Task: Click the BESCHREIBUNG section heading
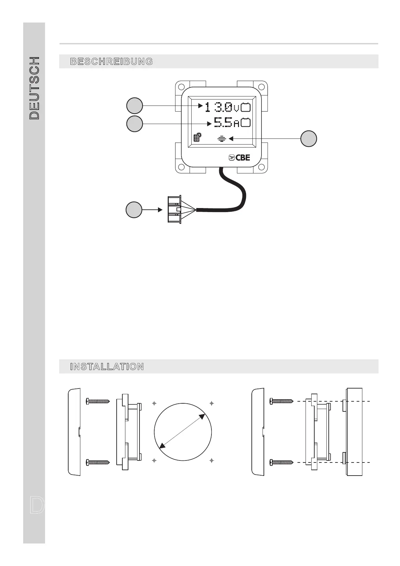111,62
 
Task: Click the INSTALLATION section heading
107,366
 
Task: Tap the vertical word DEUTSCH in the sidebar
35,88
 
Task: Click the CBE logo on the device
239,158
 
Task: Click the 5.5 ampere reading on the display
223,123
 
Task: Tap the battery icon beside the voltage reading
246,107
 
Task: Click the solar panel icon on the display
198,137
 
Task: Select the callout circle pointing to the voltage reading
134,106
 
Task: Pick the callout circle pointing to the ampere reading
134,124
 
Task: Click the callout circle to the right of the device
309,139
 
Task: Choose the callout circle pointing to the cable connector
134,210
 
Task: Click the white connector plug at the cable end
174,210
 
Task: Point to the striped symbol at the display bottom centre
222,138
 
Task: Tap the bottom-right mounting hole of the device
262,167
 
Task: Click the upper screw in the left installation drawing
98,401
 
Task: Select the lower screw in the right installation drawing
282,463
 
